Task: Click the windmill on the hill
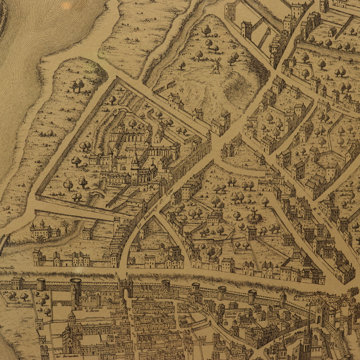tap(216, 65)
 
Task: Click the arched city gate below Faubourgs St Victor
tap(126, 288)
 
